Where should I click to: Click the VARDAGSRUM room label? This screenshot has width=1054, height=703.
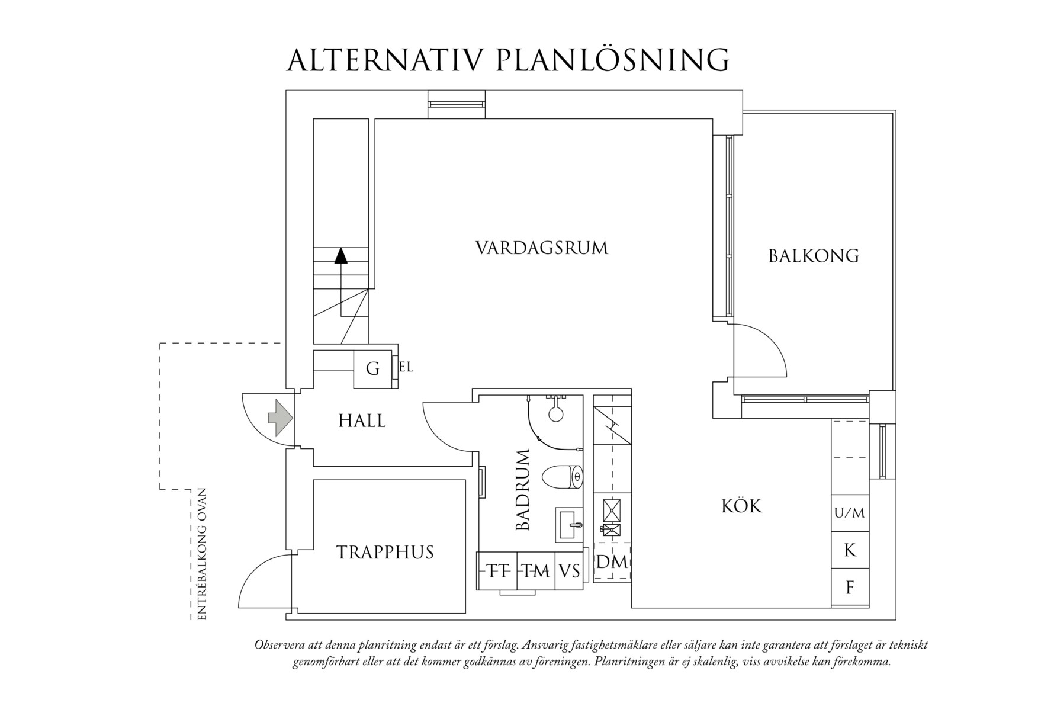click(542, 248)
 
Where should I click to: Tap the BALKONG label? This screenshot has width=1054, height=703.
click(814, 256)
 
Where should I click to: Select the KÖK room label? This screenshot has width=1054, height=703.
click(741, 506)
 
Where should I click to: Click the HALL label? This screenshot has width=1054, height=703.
click(362, 421)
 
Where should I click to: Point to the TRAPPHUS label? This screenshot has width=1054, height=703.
click(385, 553)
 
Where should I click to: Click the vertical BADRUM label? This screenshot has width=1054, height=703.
click(522, 490)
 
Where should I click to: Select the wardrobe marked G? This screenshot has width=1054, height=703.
click(372, 369)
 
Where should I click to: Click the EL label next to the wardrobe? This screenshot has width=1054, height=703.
click(406, 367)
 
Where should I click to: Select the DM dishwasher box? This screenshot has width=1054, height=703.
click(612, 561)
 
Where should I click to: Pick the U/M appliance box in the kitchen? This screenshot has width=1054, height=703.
click(850, 513)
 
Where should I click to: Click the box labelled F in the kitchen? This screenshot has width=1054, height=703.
click(850, 588)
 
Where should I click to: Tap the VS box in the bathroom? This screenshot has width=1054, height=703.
click(569, 571)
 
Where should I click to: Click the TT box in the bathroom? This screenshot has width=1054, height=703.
click(498, 571)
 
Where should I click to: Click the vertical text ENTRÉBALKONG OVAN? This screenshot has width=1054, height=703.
click(202, 554)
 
